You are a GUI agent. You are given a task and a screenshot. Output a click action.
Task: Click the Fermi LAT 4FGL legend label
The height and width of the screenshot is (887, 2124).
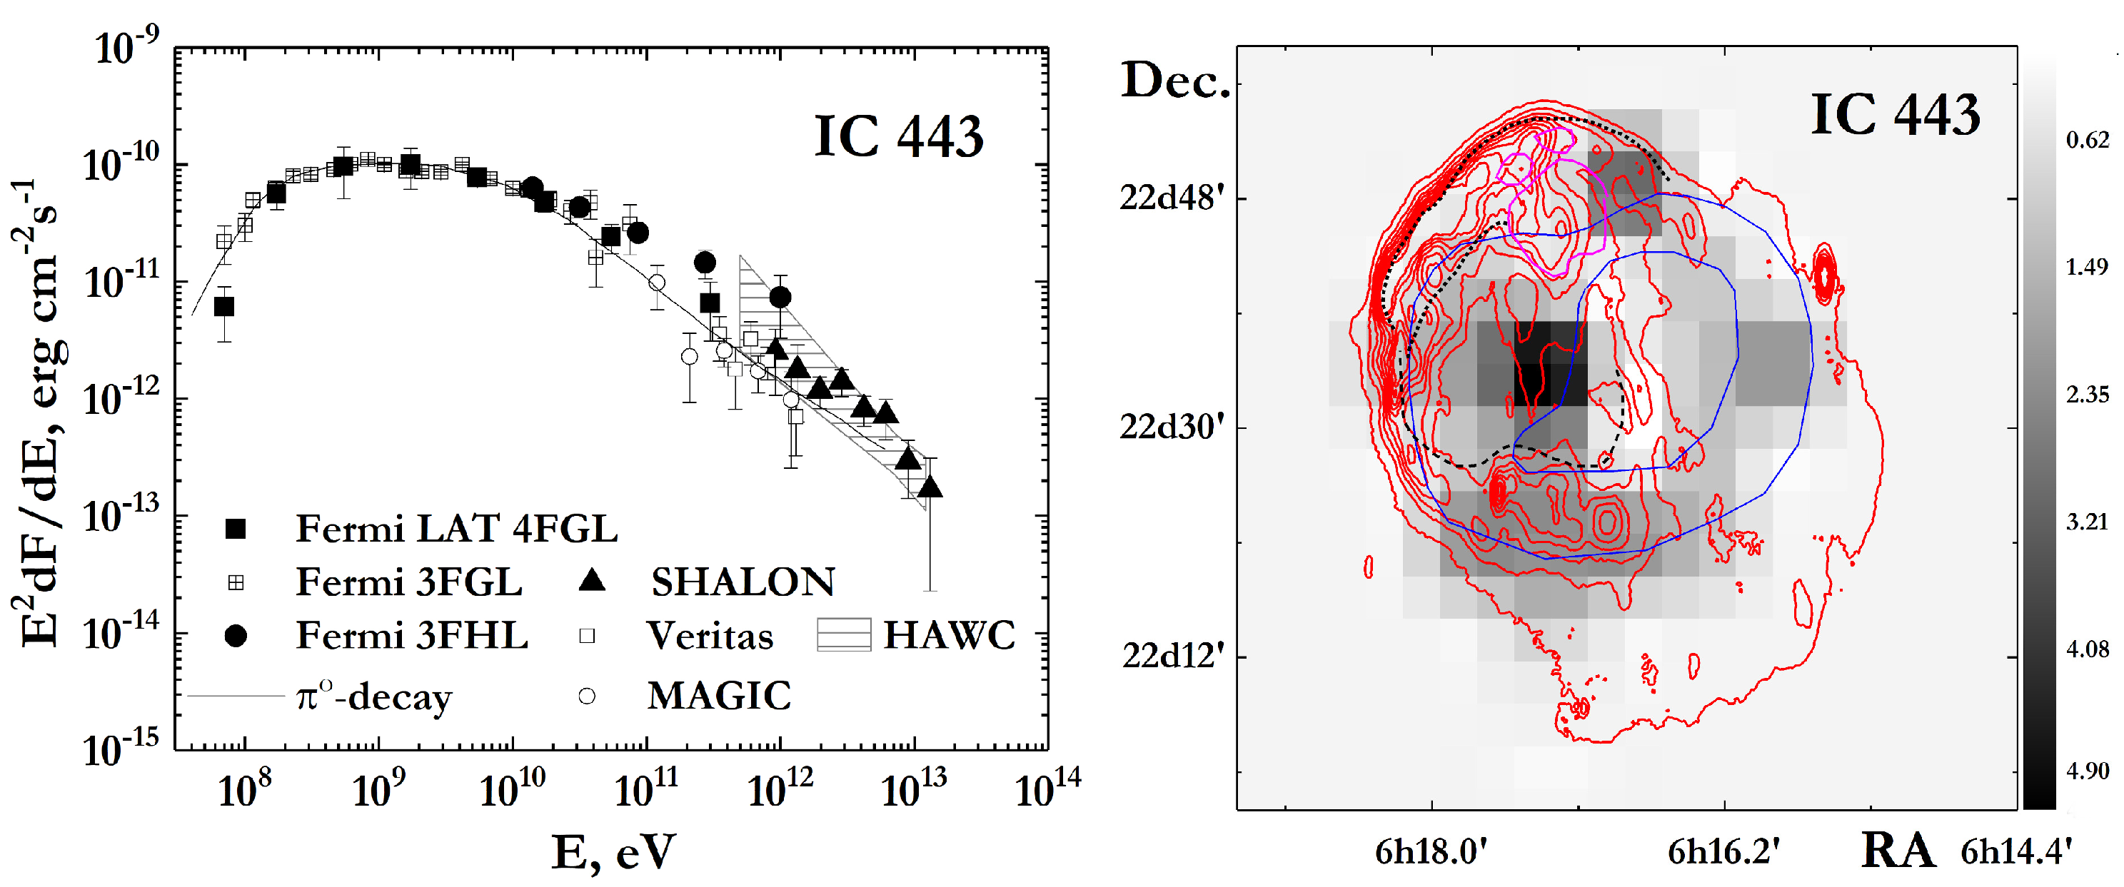point(456,528)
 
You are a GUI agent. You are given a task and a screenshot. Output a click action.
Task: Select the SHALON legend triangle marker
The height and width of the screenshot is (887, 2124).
point(591,581)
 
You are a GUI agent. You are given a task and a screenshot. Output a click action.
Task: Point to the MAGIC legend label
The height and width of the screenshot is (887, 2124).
point(718,696)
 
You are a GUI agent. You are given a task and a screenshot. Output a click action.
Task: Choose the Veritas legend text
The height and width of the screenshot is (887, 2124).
point(709,636)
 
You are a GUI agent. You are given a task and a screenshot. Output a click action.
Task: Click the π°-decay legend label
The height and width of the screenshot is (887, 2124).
point(373,697)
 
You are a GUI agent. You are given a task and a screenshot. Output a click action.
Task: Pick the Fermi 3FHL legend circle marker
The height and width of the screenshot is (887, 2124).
point(236,636)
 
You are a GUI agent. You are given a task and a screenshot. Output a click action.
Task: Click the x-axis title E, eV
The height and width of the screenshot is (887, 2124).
point(613,852)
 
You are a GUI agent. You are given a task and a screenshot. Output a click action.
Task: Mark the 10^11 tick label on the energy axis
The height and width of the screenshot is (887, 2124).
point(645,791)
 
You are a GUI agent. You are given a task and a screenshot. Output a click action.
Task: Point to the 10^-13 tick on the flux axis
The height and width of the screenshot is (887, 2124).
point(121,517)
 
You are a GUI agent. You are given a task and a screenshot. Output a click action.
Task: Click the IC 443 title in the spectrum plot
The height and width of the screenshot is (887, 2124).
point(898,136)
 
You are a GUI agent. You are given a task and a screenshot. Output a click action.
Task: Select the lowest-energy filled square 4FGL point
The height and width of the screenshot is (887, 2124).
point(223,307)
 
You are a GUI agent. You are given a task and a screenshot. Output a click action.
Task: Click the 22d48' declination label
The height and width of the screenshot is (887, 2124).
point(1172,198)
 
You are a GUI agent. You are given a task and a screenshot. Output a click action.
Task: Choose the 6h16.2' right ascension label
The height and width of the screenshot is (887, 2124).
point(1723,851)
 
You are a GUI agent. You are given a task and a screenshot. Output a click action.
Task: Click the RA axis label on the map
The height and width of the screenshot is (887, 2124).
point(1897,850)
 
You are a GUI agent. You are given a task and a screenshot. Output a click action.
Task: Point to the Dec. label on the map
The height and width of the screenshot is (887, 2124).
point(1174,81)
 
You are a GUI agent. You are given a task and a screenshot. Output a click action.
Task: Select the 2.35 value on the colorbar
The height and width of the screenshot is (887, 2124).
point(2087,395)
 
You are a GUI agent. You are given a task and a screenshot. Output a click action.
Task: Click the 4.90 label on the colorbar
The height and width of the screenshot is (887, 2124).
point(2087,771)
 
